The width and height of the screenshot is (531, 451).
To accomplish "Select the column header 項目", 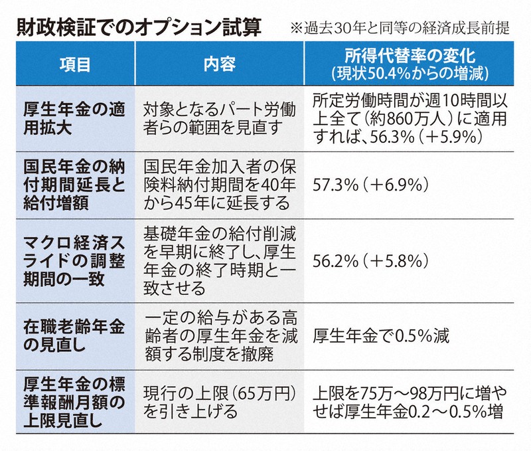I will click(x=74, y=64).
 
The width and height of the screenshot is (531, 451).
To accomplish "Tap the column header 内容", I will click(x=220, y=64).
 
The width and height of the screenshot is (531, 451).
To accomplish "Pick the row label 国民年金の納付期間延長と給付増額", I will click(x=74, y=183).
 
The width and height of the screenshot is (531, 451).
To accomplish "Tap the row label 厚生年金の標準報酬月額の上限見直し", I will click(x=74, y=401).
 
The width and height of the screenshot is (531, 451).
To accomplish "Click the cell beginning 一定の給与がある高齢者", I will click(x=220, y=335).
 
